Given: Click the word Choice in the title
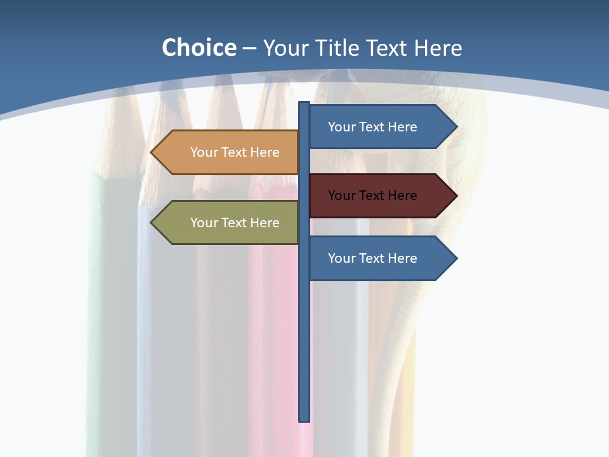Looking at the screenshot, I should click(199, 48).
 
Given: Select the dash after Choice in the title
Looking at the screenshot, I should click(249, 48).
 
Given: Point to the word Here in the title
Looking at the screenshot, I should click(438, 48).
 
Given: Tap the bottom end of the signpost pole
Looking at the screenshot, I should click(304, 419).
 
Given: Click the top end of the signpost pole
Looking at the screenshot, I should click(304, 103).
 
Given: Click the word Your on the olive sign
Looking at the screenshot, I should click(204, 223).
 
